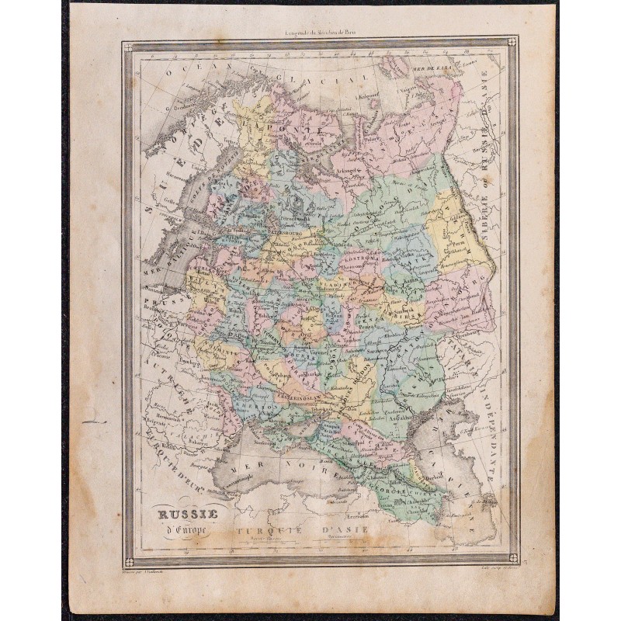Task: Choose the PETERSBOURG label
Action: [265, 231]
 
